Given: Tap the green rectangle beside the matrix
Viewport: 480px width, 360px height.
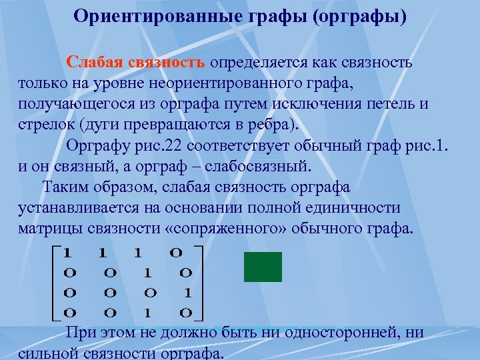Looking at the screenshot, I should coord(263,267).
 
